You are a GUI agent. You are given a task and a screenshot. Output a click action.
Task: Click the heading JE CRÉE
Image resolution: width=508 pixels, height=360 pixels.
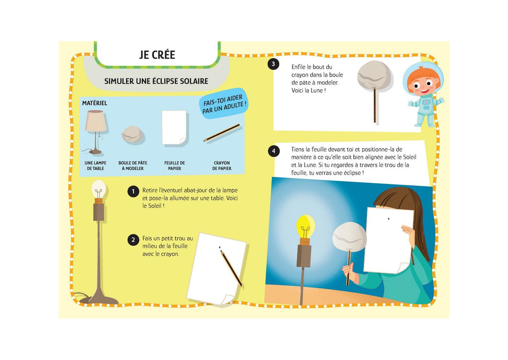[157, 55]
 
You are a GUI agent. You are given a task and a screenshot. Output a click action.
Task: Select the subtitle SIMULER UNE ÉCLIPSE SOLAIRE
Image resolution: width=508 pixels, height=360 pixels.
[156, 81]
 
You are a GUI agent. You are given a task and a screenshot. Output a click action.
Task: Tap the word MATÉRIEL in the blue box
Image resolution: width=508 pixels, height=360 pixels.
[95, 103]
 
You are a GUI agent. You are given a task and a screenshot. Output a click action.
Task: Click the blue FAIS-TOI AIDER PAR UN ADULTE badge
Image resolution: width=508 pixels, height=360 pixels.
[224, 104]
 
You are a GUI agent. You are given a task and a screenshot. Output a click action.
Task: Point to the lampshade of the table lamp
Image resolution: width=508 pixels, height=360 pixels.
[96, 121]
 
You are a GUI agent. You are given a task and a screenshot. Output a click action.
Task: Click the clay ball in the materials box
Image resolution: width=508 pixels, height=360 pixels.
[132, 135]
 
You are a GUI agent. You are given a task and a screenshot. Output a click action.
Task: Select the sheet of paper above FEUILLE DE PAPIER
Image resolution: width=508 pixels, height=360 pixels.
[174, 127]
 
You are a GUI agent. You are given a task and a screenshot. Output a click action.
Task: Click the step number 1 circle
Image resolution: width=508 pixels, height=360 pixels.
[133, 192]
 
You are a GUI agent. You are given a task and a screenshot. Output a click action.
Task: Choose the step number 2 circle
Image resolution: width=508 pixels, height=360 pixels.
[133, 240]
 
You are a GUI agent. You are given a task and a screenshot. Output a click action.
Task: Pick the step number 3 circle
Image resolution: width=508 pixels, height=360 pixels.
[273, 64]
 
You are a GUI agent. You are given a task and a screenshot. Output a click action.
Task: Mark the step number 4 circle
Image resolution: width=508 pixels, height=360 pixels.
[274, 151]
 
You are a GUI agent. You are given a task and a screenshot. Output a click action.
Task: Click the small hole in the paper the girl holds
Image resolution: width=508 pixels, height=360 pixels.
[389, 219]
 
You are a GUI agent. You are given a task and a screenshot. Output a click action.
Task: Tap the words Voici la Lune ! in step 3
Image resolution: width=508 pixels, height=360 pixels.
[309, 91]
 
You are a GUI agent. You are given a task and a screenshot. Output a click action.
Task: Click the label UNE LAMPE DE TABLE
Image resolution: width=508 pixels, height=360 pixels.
[95, 166]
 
